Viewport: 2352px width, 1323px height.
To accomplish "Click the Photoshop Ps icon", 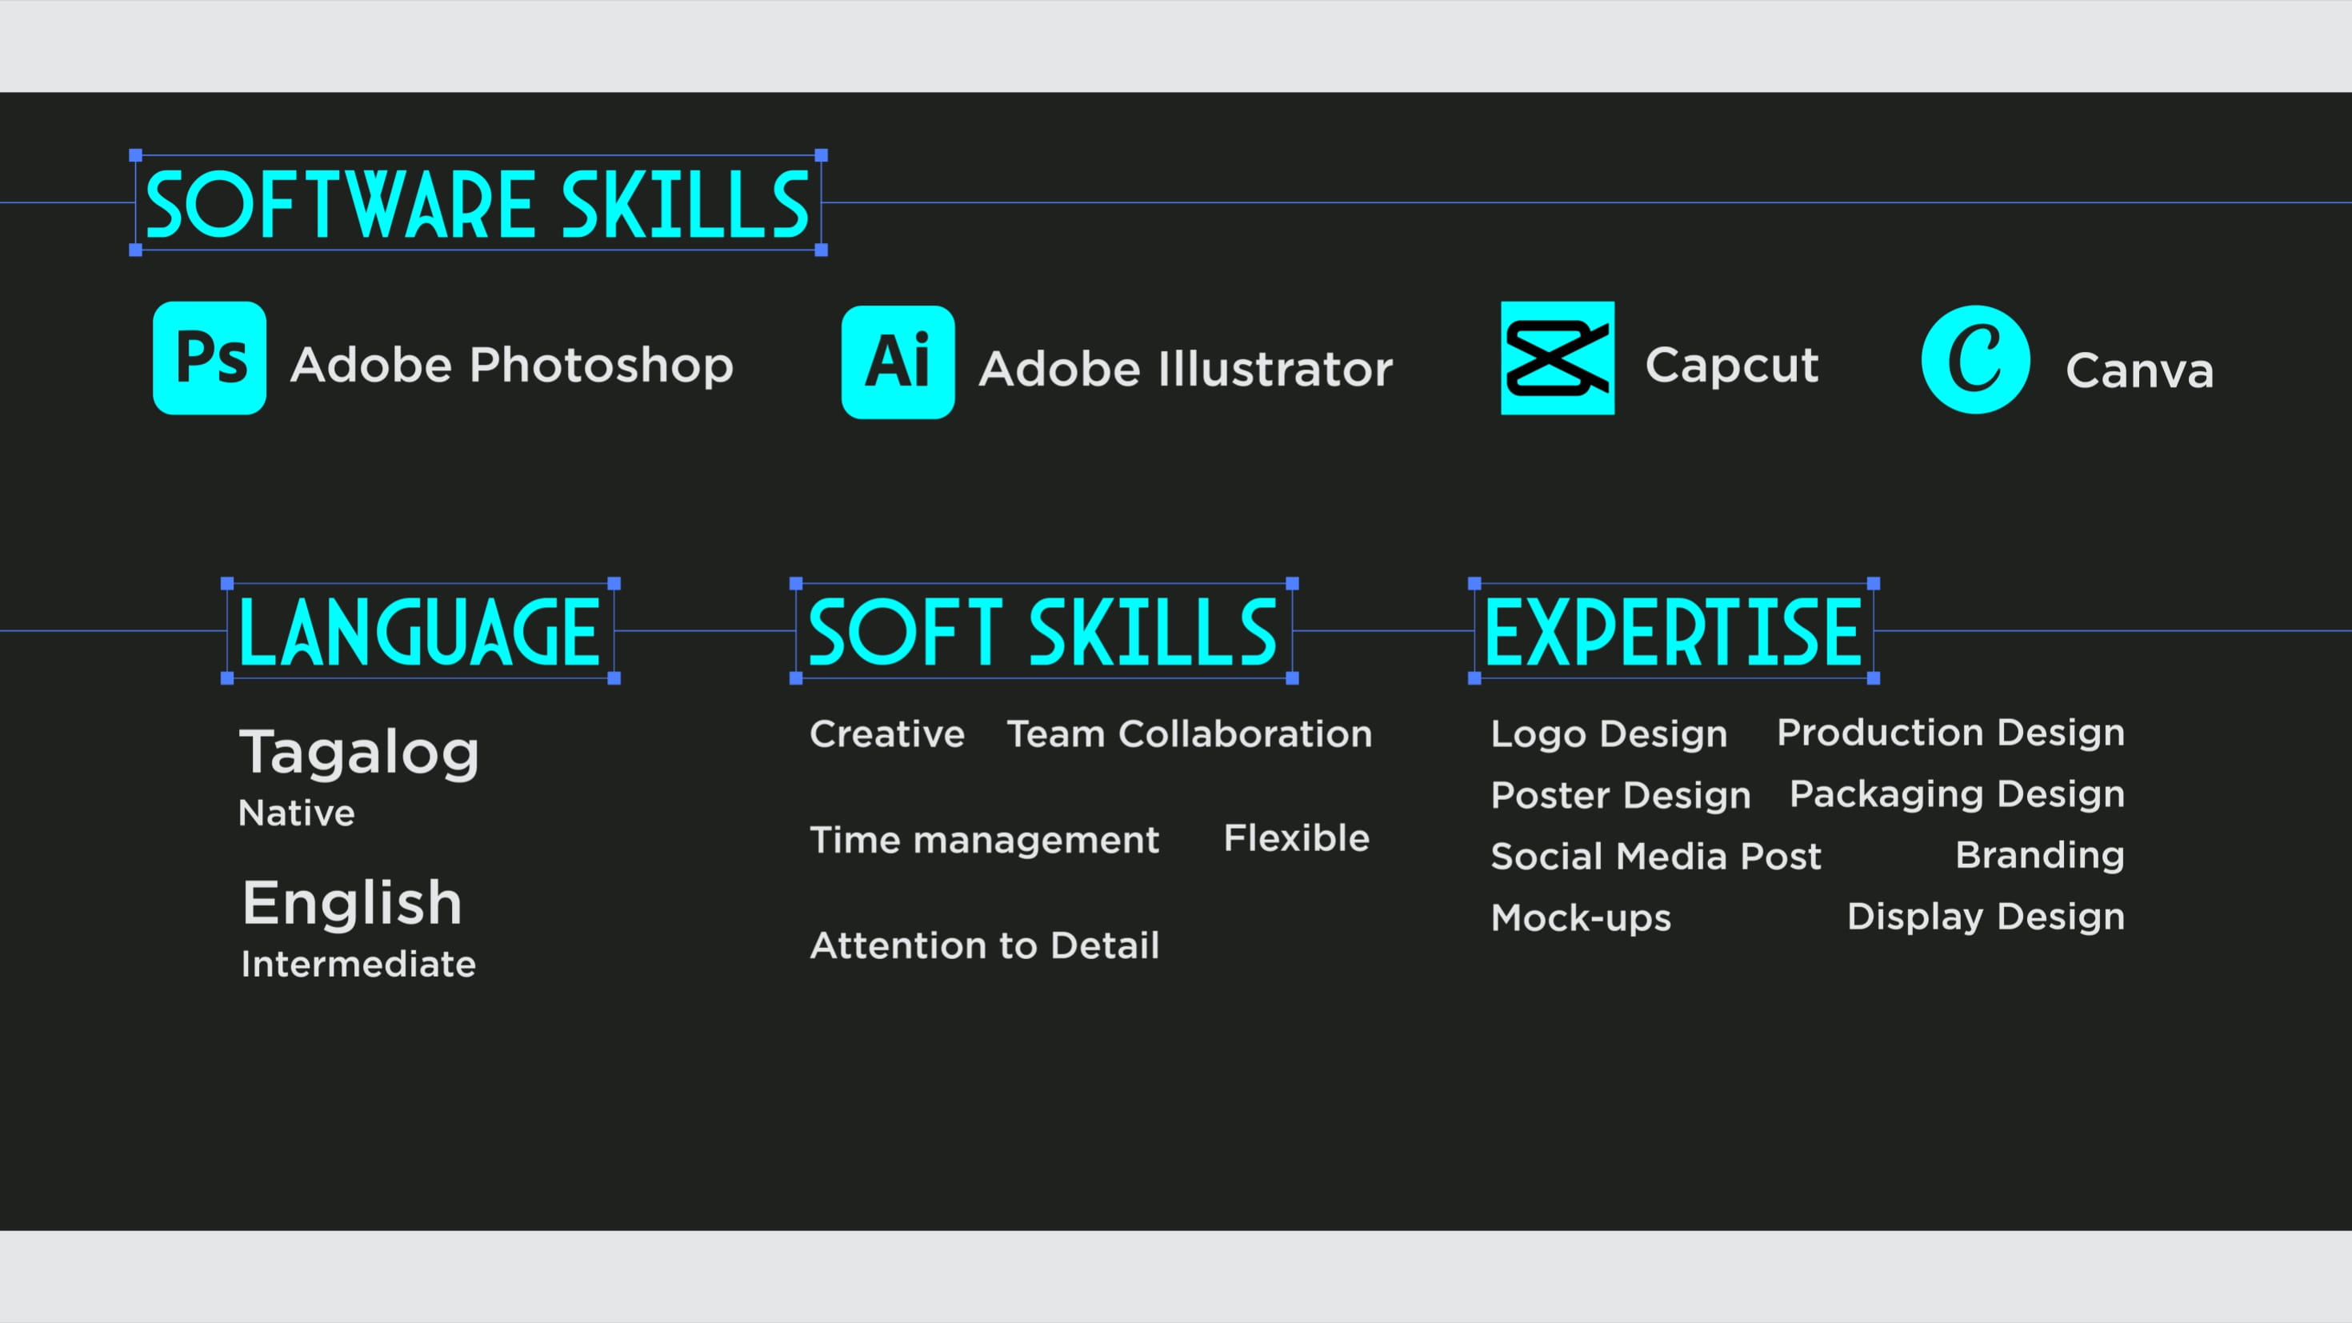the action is point(209,358).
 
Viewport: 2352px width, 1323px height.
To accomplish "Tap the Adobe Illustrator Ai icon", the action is point(898,362).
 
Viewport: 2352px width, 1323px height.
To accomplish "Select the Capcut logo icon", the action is point(1558,358).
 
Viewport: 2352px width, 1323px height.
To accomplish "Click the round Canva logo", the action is point(1976,360).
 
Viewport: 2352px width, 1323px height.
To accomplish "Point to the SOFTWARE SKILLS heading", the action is point(478,205).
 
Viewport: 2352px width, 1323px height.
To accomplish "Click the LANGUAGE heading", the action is point(419,632).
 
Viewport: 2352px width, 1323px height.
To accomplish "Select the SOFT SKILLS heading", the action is point(1042,632).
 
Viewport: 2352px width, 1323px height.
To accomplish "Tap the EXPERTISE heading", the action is point(1673,632).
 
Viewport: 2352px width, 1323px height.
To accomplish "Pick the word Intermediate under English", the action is point(358,964).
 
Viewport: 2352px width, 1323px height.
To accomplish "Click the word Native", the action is point(296,813).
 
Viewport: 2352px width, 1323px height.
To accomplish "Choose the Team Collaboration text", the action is point(1189,734).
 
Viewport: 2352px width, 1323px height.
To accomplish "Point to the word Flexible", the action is point(1297,838).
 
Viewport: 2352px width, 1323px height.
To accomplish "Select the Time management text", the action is point(984,840).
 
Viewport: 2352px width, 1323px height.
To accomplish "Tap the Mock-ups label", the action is point(1581,917).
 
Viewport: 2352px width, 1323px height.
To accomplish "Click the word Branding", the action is point(2040,856).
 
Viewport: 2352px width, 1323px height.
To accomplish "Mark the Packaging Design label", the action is point(1957,794).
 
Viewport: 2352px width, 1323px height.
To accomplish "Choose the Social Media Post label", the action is point(1655,857).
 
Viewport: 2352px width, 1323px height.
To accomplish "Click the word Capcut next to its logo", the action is point(1731,366).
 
